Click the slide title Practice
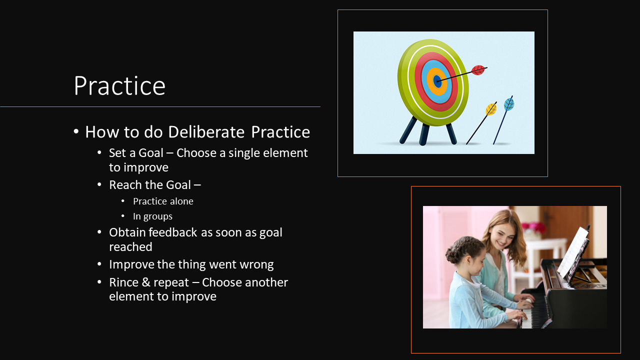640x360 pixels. tap(119, 85)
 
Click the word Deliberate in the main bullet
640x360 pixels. tap(206, 132)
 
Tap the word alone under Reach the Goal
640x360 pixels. tap(181, 201)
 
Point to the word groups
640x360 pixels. tap(157, 217)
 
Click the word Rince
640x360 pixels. tap(123, 282)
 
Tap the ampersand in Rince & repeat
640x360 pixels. tap(146, 282)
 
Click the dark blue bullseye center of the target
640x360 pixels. tap(437, 81)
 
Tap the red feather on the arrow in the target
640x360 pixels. tap(478, 70)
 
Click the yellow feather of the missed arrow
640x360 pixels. tap(491, 109)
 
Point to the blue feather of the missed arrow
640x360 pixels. tap(509, 104)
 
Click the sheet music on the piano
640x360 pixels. tap(573, 251)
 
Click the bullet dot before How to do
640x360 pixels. tap(76, 131)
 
